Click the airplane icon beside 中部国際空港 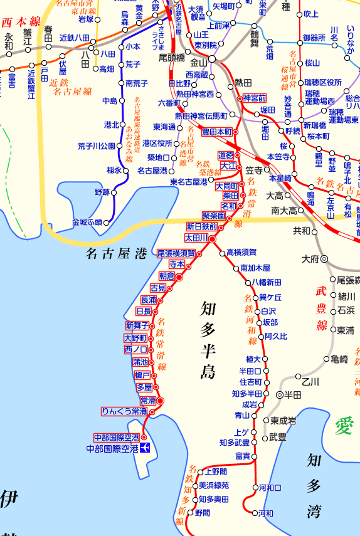pyautogui.click(x=146, y=448)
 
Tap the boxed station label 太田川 pyautogui.click(x=195, y=238)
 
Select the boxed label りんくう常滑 pyautogui.click(x=124, y=411)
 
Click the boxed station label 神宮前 pyautogui.click(x=254, y=98)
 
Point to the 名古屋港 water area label pyautogui.click(x=115, y=254)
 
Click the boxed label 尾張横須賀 pyautogui.click(x=176, y=253)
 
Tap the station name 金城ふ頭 pyautogui.click(x=87, y=222)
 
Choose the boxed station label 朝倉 pyautogui.click(x=166, y=276)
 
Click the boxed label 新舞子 pyautogui.click(x=137, y=325)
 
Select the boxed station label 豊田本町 pyautogui.click(x=217, y=132)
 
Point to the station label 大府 pyautogui.click(x=310, y=258)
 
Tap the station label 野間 pyautogui.click(x=202, y=513)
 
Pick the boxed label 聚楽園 pyautogui.click(x=214, y=216)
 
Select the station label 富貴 pyautogui.click(x=243, y=456)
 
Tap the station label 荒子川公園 pyautogui.click(x=96, y=146)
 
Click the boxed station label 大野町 pyautogui.click(x=135, y=338)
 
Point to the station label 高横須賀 pyautogui.click(x=241, y=253)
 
